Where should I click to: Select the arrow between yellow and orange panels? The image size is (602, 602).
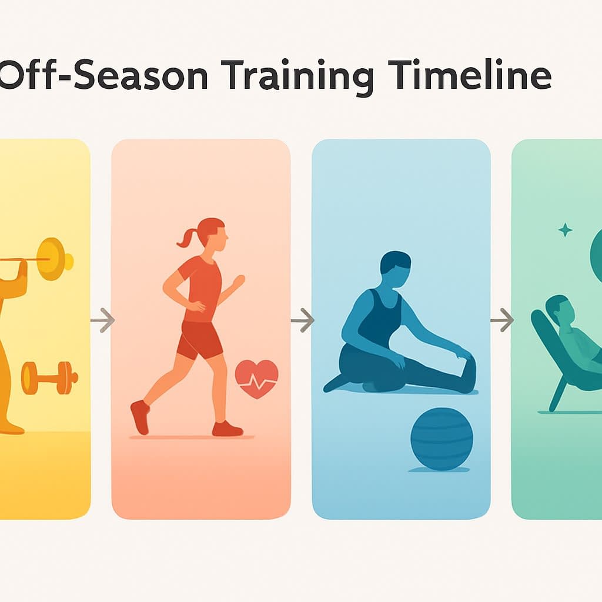point(103,320)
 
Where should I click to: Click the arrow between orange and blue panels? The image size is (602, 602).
point(303,320)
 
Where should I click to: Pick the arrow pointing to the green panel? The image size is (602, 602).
point(502,320)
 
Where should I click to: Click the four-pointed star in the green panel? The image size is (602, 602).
point(565,229)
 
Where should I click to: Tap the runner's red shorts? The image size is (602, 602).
point(200,340)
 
